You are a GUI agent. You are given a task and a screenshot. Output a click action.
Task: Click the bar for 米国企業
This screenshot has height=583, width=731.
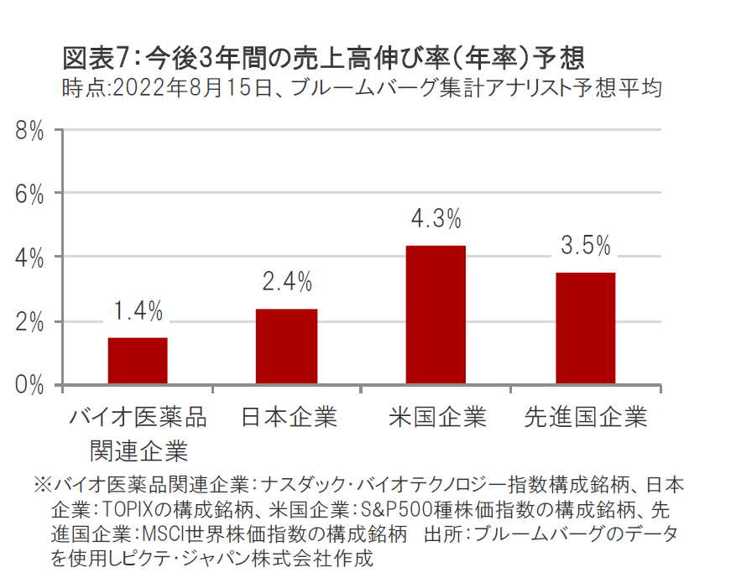[436, 315]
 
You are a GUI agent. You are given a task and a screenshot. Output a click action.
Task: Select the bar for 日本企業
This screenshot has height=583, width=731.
[287, 346]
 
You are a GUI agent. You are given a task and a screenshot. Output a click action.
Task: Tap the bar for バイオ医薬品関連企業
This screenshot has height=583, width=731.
[138, 361]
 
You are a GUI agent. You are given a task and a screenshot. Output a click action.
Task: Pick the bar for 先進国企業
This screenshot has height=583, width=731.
[585, 328]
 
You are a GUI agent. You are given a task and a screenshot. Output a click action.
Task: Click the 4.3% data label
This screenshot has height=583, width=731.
[436, 220]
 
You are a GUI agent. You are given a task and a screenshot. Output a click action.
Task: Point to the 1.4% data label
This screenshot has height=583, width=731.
[138, 311]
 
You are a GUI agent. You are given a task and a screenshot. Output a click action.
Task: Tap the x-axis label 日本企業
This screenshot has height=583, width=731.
[288, 417]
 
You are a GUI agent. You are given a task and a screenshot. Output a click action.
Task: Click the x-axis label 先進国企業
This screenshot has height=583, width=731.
[585, 417]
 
